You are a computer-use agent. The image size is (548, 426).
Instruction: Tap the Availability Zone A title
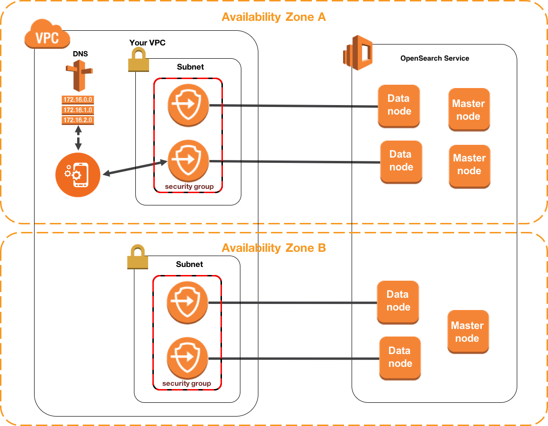[274, 18]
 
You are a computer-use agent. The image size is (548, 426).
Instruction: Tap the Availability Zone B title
[274, 248]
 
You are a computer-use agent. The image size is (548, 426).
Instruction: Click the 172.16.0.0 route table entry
[78, 100]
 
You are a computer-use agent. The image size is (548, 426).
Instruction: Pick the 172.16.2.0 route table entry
[78, 120]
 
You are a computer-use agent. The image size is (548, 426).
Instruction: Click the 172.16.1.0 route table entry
[78, 110]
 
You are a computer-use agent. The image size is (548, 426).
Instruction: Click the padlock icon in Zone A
[139, 60]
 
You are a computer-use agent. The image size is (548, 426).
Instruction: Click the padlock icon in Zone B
[138, 257]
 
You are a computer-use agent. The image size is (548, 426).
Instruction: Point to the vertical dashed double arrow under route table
[78, 140]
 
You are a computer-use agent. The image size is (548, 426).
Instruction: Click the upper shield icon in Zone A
[188, 105]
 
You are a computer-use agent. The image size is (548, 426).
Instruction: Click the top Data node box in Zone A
[399, 105]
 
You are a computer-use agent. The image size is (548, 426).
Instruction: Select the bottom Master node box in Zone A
[469, 165]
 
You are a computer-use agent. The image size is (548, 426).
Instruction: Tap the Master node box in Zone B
[468, 332]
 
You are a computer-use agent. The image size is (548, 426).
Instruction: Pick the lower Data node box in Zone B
[400, 357]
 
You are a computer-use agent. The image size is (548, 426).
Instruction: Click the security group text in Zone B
[186, 383]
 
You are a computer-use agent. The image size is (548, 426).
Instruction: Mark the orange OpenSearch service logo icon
[358, 53]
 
